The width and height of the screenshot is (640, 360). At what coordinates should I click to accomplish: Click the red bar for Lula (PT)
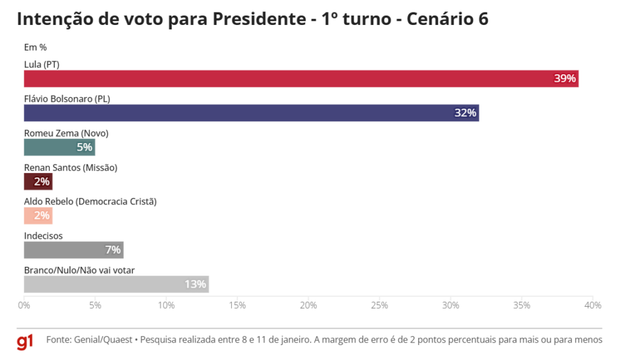pos(300,79)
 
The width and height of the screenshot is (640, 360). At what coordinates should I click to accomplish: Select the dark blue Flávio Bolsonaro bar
pos(250,113)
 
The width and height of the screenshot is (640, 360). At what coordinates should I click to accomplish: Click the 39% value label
pos(564,79)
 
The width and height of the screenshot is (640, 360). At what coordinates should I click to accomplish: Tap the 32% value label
pos(465,113)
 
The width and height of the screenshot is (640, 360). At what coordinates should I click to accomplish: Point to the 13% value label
pos(195,284)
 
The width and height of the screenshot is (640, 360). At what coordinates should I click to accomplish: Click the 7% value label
pos(112,250)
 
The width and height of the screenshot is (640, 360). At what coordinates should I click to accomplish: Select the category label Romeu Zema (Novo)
pos(66,133)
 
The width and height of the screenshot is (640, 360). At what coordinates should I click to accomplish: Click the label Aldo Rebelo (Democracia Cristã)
pos(90,201)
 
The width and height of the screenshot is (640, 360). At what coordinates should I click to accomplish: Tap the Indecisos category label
pos(43,236)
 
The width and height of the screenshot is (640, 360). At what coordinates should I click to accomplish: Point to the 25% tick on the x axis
pos(379,306)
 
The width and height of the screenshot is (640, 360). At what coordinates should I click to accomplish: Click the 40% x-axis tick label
pos(592,306)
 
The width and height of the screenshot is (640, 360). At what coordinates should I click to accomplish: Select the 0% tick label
pos(24,306)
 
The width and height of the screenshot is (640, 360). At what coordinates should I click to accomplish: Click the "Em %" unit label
pos(35,47)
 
